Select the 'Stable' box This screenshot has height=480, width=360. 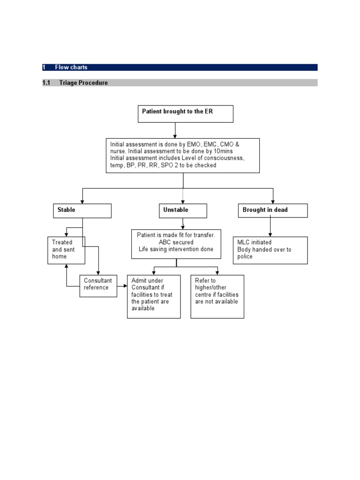[x=82, y=210]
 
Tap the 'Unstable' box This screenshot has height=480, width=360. [x=183, y=210]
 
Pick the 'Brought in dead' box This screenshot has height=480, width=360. [x=273, y=210]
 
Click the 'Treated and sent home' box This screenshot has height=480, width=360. [x=66, y=250]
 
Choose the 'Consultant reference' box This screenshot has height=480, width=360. [x=98, y=285]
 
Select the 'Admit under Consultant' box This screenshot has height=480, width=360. [x=154, y=297]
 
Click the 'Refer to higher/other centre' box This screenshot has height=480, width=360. [x=217, y=297]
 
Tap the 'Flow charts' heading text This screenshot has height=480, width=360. [x=71, y=67]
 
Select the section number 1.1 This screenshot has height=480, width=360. [x=46, y=83]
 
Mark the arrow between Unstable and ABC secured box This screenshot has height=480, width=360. [x=183, y=224]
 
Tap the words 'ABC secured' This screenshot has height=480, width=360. [x=176, y=242]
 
